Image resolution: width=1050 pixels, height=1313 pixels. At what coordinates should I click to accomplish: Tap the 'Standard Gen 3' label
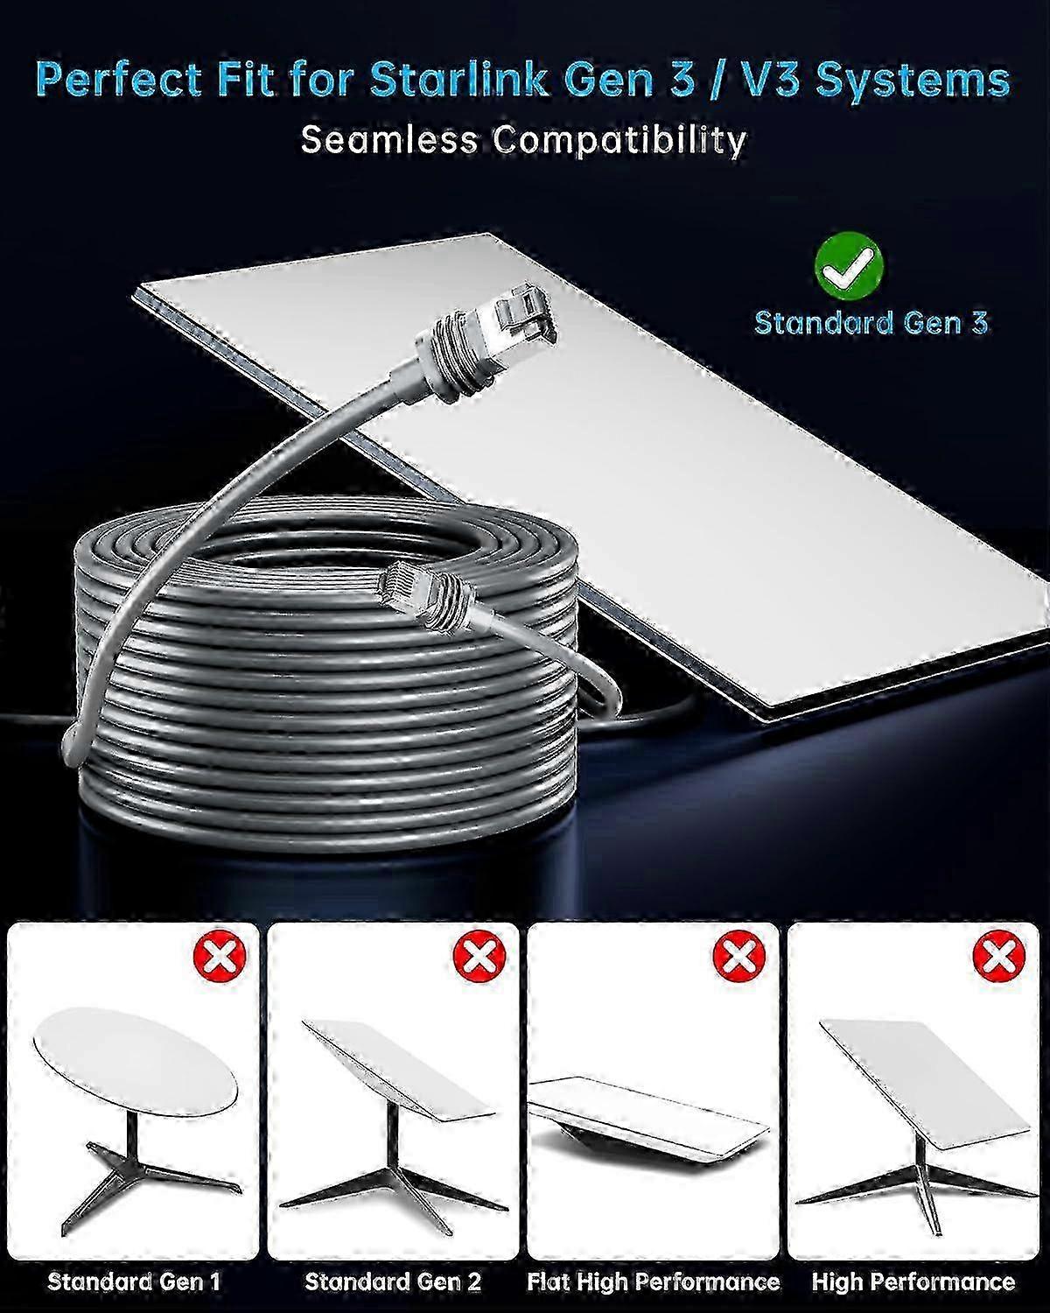[871, 323]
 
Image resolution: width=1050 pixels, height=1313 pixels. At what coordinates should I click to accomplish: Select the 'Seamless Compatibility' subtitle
[523, 140]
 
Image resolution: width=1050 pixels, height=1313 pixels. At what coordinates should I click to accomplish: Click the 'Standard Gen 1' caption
[134, 1282]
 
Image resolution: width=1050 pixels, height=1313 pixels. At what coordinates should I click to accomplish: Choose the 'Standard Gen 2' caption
[393, 1282]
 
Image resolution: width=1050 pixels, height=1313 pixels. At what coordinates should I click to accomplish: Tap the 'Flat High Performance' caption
[653, 1282]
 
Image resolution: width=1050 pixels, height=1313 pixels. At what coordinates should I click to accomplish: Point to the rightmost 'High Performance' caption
[913, 1282]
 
